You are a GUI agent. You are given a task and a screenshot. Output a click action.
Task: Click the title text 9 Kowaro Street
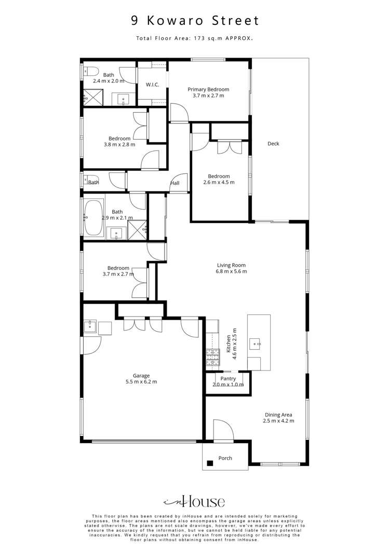(x=194, y=21)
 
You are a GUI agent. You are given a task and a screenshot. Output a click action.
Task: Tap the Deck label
(x=273, y=144)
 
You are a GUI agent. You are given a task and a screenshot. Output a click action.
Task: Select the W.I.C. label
(x=152, y=85)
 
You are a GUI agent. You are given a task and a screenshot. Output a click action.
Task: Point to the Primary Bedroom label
(x=208, y=89)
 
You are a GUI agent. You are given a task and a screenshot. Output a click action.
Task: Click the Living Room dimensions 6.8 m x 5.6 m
(x=232, y=271)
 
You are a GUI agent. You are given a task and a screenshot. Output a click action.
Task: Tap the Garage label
(x=141, y=376)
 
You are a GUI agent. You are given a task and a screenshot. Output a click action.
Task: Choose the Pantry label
(x=228, y=379)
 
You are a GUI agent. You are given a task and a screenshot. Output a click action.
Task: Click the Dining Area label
(x=278, y=415)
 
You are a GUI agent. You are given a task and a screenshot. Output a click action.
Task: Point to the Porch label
(x=225, y=458)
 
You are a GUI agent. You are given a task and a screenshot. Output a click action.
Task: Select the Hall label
(x=175, y=183)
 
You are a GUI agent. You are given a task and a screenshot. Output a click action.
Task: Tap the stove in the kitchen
(x=212, y=356)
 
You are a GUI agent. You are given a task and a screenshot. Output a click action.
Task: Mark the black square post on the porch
(x=210, y=463)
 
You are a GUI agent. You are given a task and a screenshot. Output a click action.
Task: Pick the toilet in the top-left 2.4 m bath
(x=87, y=71)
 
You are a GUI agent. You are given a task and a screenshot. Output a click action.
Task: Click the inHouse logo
(x=194, y=502)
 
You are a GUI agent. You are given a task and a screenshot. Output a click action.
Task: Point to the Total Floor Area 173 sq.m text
(x=194, y=38)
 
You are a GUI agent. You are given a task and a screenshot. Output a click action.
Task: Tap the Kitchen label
(x=228, y=344)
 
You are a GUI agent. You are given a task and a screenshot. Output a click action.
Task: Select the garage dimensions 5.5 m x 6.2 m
(x=141, y=382)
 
